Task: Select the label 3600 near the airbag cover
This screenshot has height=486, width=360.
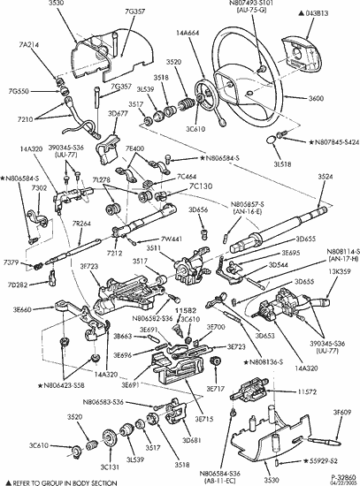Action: pyautogui.click(x=341, y=98)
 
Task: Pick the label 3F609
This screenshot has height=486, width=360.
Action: pyautogui.click(x=343, y=412)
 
